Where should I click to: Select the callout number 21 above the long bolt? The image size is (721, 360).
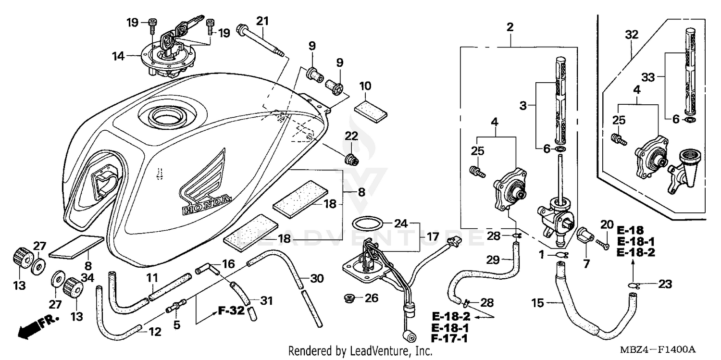click(x=262, y=21)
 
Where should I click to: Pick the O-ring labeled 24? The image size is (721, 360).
click(x=369, y=223)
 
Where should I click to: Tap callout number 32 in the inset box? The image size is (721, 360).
click(x=632, y=35)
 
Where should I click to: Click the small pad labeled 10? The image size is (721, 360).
click(x=371, y=110)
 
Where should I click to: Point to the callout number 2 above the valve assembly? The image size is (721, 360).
click(x=510, y=27)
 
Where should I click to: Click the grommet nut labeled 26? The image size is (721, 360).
click(x=349, y=298)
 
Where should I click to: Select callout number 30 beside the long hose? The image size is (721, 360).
click(x=317, y=278)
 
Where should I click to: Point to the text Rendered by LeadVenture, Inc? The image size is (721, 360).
click(x=360, y=351)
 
